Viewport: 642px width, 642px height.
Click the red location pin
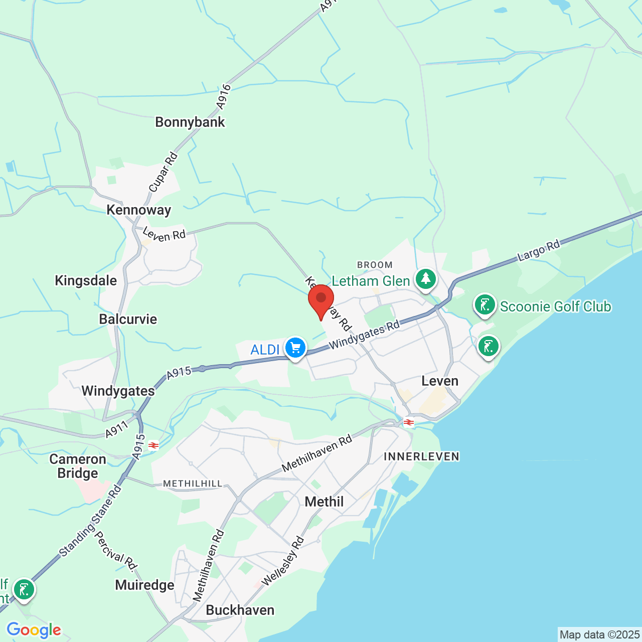pos(321,299)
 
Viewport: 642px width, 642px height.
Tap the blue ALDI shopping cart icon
pos(295,347)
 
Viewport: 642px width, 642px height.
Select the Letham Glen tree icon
pos(426,279)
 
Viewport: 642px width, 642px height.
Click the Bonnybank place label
pos(190,122)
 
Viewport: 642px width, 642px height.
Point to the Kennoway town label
pos(139,210)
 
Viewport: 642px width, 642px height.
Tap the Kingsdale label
pos(86,280)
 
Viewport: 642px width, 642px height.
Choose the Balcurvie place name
pos(128,319)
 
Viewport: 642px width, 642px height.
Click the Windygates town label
pos(118,391)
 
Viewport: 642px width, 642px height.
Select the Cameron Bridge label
pos(78,466)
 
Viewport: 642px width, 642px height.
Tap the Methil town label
pos(324,502)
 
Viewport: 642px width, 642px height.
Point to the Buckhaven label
pos(240,610)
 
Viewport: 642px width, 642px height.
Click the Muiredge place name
pos(144,585)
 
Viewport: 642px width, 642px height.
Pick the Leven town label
pos(440,381)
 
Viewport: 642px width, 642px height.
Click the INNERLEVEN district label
pos(421,456)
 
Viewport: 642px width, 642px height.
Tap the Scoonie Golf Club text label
pos(556,306)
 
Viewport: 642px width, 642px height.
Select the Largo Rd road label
pos(538,251)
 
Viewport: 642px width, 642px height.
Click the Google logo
pos(34,630)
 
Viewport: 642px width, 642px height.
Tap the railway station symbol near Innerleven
pos(409,422)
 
